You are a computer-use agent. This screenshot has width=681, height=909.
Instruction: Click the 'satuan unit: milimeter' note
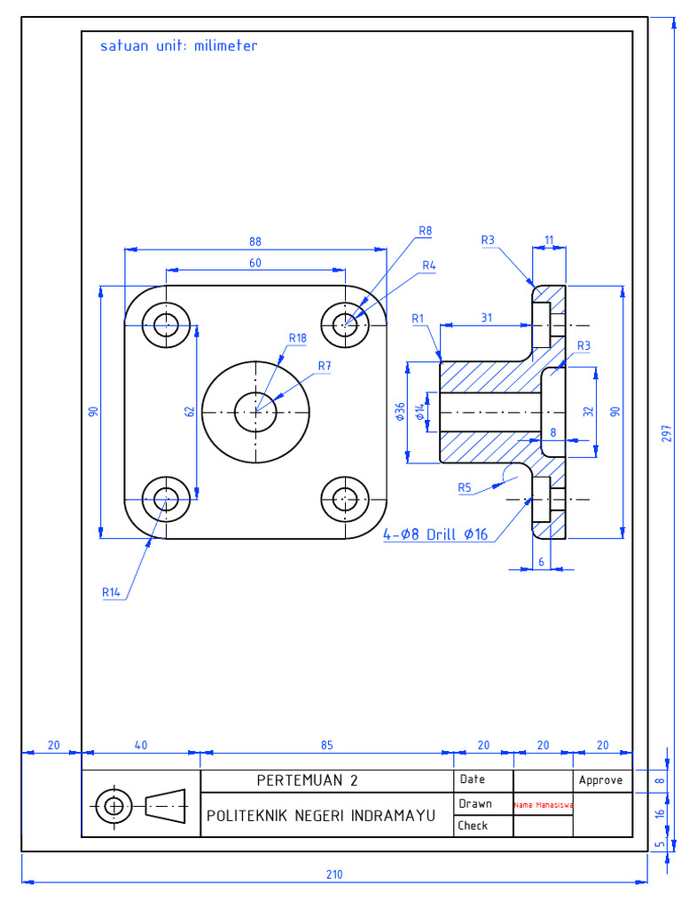(178, 45)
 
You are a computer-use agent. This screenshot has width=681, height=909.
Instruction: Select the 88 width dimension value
(255, 241)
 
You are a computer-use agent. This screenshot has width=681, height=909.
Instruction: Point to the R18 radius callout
(297, 337)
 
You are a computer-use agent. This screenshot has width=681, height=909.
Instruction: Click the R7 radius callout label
(325, 366)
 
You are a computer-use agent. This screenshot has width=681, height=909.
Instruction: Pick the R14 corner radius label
(111, 591)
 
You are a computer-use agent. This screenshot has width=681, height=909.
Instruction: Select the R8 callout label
(425, 231)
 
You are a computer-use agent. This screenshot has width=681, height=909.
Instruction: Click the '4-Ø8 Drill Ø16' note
(435, 534)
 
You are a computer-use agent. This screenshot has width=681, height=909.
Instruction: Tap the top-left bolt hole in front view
(166, 325)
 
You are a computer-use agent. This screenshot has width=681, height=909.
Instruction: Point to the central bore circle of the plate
(255, 411)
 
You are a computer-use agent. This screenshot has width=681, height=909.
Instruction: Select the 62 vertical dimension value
(189, 412)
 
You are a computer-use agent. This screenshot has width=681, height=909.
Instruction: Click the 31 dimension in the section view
(486, 318)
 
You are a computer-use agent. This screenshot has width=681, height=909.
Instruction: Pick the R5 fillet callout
(465, 486)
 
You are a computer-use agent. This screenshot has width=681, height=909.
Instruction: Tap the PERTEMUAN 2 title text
(308, 781)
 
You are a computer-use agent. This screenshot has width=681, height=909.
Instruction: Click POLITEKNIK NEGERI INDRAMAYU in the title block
(321, 815)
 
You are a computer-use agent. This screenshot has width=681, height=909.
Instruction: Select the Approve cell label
(601, 780)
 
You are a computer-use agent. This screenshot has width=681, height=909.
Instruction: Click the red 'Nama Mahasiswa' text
(543, 805)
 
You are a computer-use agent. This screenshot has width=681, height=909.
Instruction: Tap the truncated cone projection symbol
(166, 806)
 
